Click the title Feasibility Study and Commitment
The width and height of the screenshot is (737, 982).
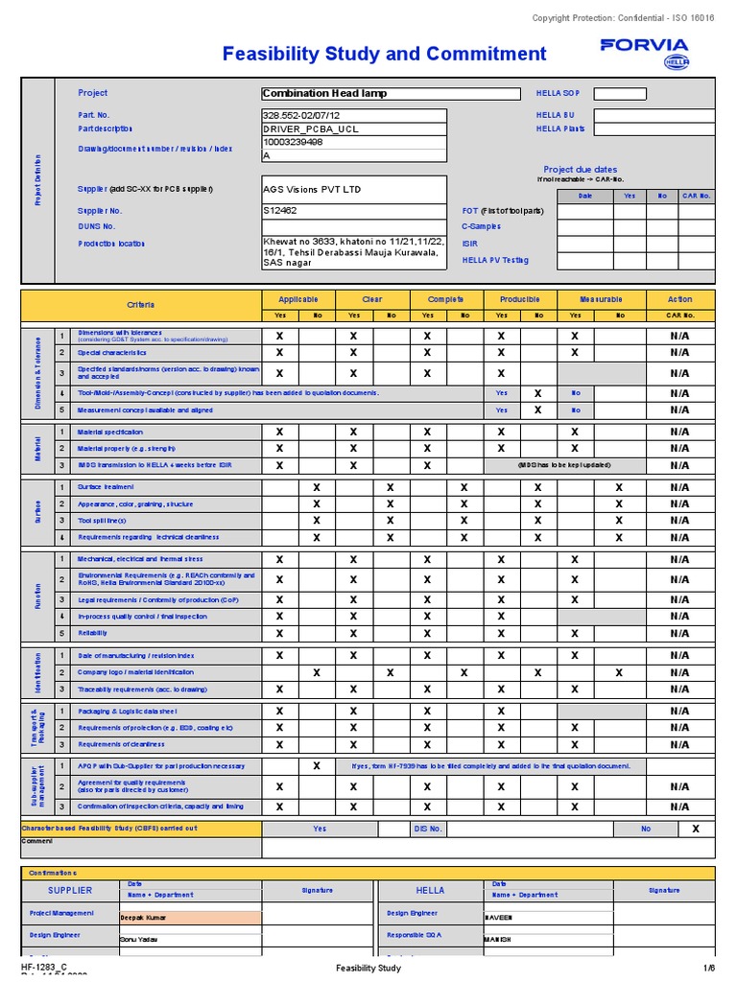(384, 54)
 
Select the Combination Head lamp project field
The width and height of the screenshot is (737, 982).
(353, 94)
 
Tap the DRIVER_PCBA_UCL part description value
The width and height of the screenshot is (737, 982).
(310, 129)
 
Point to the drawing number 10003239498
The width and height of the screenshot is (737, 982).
(293, 142)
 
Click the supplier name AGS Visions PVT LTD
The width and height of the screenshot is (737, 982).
(312, 190)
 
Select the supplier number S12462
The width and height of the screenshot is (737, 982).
(281, 210)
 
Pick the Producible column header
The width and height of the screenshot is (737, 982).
(519, 299)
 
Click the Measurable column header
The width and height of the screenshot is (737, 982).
(601, 299)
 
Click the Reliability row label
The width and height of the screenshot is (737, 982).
(93, 633)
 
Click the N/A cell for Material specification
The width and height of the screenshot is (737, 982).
(679, 433)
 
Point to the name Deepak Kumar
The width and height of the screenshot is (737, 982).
(144, 918)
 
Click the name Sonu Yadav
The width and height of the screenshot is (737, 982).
(139, 940)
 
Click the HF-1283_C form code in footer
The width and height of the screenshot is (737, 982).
(44, 968)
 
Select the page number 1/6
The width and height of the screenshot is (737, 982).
(708, 969)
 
